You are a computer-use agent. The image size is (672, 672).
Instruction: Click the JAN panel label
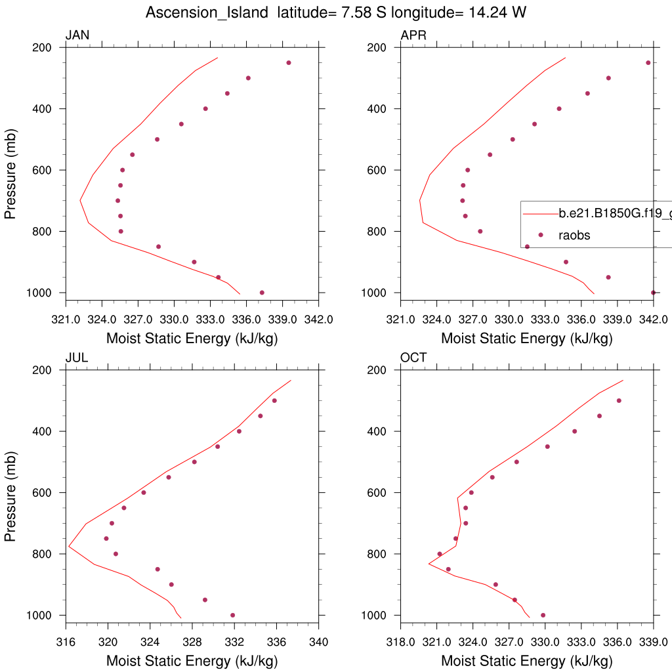point(77,35)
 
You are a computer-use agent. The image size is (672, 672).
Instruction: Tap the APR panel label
point(413,35)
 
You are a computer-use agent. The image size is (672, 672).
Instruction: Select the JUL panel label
point(77,358)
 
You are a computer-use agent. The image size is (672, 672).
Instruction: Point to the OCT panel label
point(413,358)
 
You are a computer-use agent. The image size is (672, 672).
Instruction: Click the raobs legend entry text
point(575,235)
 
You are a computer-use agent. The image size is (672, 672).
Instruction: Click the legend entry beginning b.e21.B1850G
point(614,213)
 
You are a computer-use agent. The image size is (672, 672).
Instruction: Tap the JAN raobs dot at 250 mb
point(288,63)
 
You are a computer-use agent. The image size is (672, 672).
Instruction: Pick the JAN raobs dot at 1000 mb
point(262,293)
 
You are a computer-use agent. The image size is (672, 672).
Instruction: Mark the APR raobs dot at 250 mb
point(648,63)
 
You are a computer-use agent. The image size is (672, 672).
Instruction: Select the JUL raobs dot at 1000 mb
point(232,615)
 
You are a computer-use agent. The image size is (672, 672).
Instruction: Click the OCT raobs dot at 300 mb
point(618,400)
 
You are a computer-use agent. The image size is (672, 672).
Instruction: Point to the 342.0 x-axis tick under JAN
point(318,320)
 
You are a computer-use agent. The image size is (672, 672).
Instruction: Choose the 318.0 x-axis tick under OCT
point(400,642)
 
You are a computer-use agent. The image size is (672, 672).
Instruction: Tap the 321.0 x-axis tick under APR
point(400,320)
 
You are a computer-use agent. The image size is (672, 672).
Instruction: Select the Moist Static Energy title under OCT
point(526,661)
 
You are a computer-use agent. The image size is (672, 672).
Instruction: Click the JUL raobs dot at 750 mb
point(106,538)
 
